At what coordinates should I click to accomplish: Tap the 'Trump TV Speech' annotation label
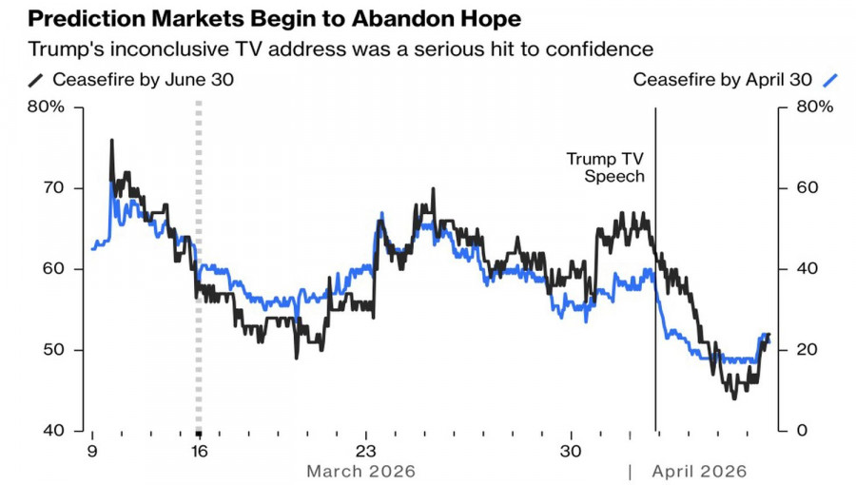[606, 167]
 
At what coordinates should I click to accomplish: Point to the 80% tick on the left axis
[47, 107]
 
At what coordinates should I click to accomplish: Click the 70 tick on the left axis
[53, 188]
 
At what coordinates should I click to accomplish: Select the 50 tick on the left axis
[53, 350]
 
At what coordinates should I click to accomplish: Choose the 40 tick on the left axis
[53, 431]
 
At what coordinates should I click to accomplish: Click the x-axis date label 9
[92, 450]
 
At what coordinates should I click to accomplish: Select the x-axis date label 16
[198, 450]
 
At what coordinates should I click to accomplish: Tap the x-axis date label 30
[571, 450]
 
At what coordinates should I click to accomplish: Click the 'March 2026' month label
[361, 471]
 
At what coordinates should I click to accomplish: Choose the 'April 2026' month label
[699, 471]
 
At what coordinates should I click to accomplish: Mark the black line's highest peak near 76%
[111, 141]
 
